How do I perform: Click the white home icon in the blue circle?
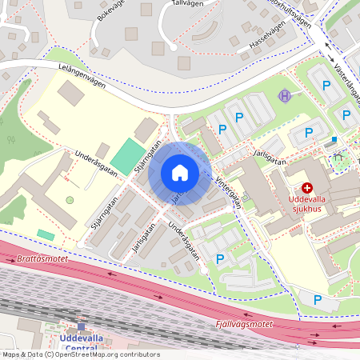coord(180,173)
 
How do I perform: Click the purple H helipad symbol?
coord(285,96)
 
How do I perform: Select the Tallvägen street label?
coord(187,4)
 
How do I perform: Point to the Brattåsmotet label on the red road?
coord(42,259)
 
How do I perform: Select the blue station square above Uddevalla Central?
coord(81,327)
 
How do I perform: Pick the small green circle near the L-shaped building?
coord(70,200)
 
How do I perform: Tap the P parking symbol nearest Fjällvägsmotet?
coord(318,300)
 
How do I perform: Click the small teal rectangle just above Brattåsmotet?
coord(46,234)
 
